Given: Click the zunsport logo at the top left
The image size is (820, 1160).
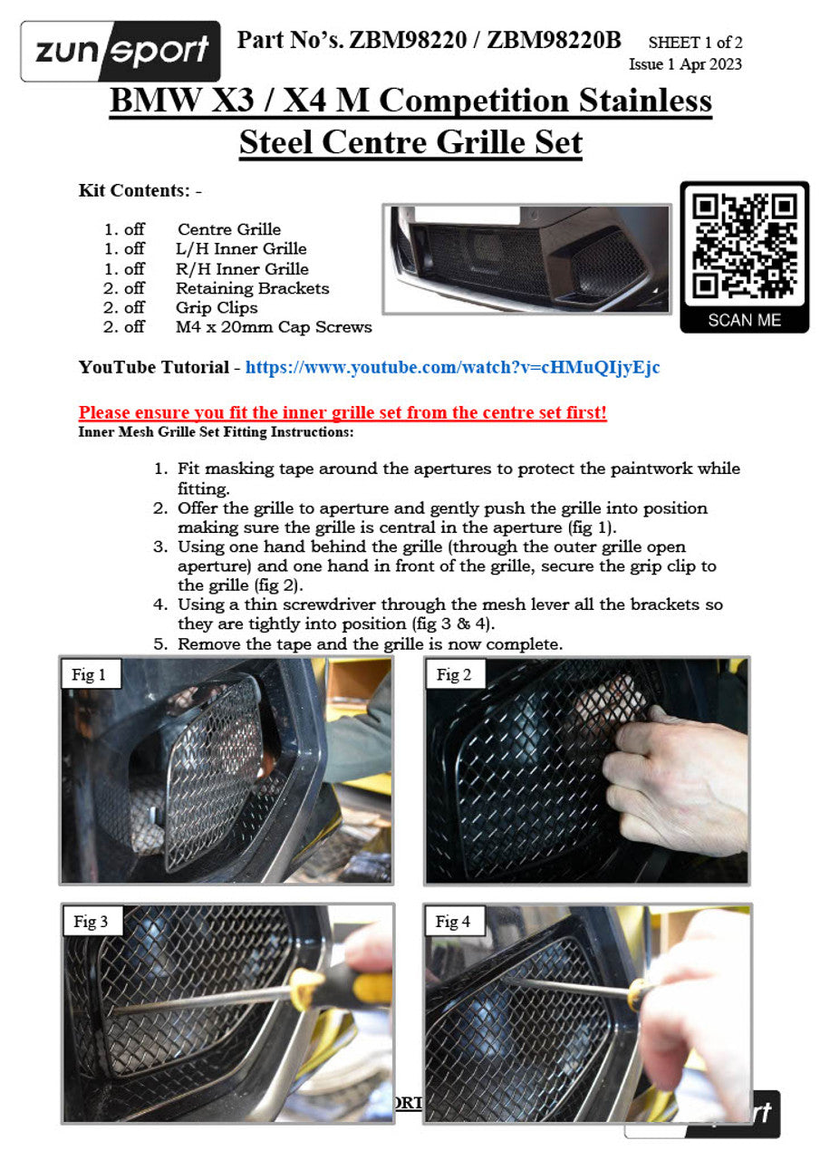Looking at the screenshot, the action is click(x=121, y=51).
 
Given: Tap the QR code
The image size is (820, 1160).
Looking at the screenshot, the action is click(x=744, y=245).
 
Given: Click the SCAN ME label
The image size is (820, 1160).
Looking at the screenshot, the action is click(x=744, y=320).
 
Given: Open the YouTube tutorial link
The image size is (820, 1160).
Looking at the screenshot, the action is click(x=452, y=367).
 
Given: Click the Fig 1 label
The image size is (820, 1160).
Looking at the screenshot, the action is click(x=89, y=674).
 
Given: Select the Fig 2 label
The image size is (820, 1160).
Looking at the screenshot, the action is click(x=453, y=674).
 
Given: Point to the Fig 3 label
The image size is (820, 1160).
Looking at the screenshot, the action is click(x=91, y=922).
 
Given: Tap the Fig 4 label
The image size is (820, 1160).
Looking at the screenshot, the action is click(x=452, y=922).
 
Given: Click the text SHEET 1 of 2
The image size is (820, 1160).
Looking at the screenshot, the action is click(x=695, y=43).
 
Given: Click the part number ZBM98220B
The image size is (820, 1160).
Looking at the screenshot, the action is click(x=554, y=40).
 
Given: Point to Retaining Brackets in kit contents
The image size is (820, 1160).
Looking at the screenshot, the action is click(x=252, y=288).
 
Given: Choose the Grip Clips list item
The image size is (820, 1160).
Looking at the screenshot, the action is click(x=217, y=307).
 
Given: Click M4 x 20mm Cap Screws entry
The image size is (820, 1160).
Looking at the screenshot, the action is click(x=274, y=327).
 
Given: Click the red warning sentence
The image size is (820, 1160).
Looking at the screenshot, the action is click(x=342, y=412).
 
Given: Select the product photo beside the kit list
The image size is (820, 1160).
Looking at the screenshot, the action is click(x=526, y=259).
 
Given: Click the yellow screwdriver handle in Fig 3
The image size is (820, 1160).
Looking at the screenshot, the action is click(x=340, y=988).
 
